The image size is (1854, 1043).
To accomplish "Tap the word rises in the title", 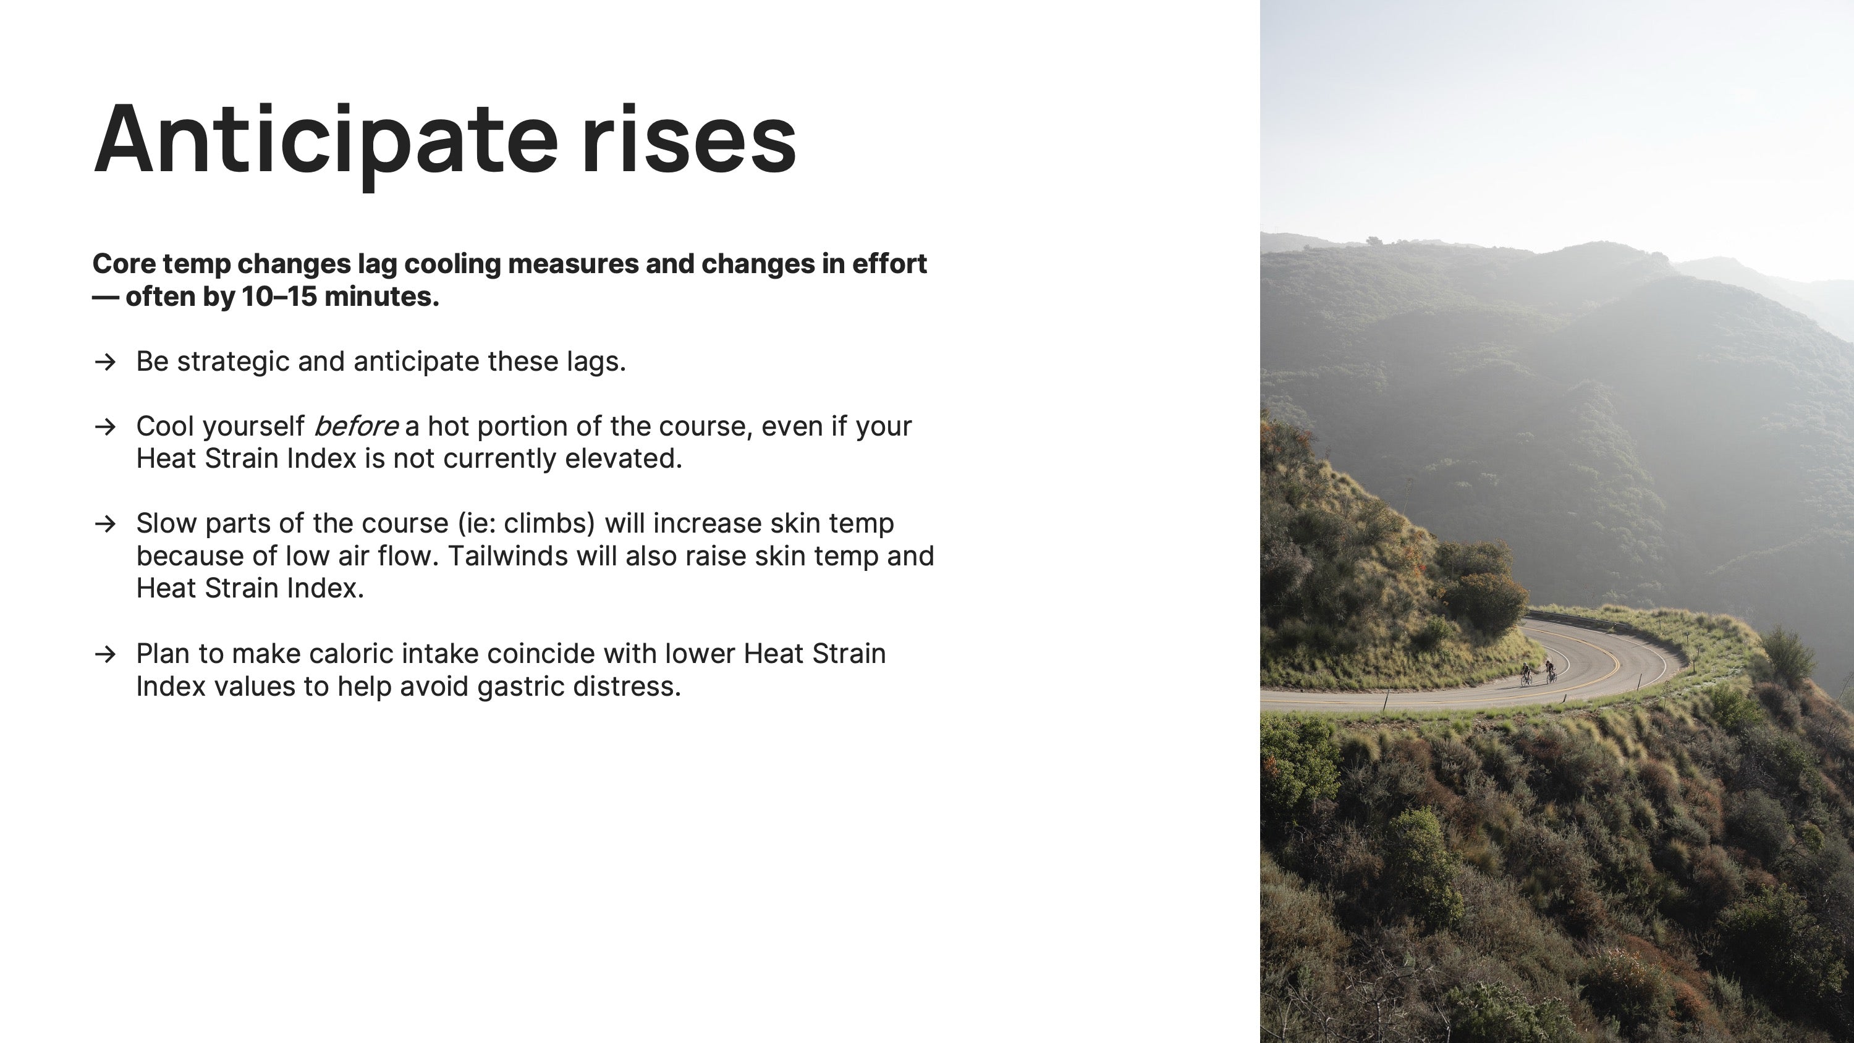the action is (689, 138).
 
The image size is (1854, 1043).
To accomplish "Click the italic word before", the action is (355, 426).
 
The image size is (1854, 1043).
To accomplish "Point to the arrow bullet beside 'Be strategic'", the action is (105, 362).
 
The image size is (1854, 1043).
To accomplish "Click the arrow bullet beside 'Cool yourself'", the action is (105, 427).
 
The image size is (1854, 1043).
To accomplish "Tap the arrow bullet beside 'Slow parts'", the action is (105, 524).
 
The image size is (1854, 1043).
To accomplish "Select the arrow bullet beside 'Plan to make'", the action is (105, 654).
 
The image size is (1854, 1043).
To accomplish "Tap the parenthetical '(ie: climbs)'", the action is (527, 524).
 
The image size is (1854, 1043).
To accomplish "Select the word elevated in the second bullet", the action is (624, 458).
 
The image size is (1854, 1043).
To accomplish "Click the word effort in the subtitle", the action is (889, 263).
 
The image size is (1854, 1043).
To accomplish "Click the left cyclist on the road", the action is (1526, 675).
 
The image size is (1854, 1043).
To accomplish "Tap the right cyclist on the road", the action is (1551, 672).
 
